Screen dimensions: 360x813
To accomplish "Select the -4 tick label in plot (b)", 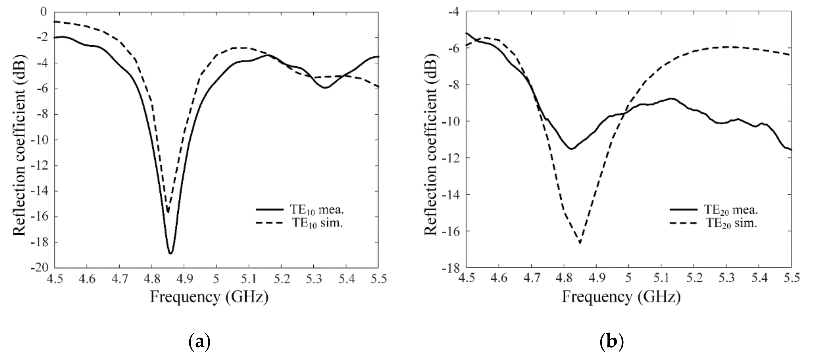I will coord(455,12).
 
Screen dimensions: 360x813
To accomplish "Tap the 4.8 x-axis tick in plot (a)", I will coord(151,279).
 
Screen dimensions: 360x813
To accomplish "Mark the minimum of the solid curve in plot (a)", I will coord(170,253).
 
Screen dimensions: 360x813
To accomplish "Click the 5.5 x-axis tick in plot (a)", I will coord(378,279).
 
